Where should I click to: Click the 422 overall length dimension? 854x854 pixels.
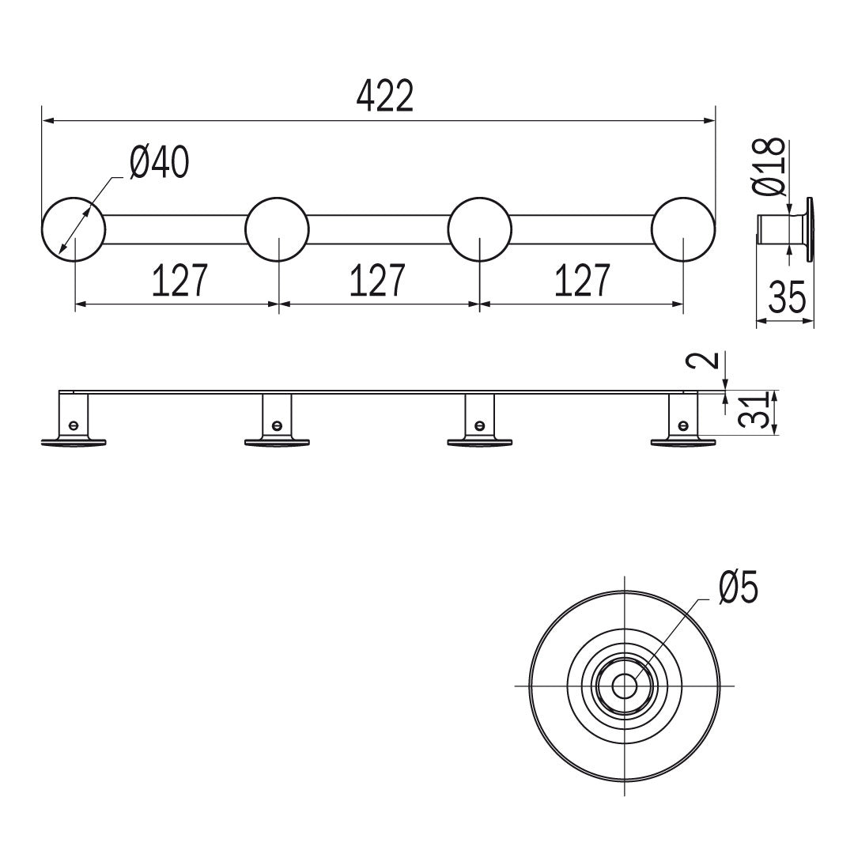point(385,96)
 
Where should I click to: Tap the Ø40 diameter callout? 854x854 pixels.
point(160,162)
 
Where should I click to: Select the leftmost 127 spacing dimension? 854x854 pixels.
point(179,280)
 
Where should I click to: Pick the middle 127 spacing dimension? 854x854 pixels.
point(377,280)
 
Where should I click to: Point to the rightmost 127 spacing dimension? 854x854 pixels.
point(582,280)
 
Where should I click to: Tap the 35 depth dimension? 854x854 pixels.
point(787,297)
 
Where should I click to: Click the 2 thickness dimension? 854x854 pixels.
point(708,361)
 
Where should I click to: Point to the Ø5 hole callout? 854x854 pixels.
point(739,588)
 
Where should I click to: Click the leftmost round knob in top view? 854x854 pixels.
point(74,229)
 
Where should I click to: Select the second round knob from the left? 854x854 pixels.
point(278,229)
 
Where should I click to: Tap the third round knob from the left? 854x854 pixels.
point(480,229)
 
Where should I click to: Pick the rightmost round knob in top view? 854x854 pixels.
point(683,229)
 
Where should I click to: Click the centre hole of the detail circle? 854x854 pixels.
point(624,685)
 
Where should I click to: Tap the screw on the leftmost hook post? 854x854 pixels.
point(74,425)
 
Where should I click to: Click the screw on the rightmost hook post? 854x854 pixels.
point(683,425)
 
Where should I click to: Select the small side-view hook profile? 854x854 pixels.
point(785,229)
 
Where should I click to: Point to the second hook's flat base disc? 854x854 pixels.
point(278,442)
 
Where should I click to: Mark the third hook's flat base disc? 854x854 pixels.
point(480,442)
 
